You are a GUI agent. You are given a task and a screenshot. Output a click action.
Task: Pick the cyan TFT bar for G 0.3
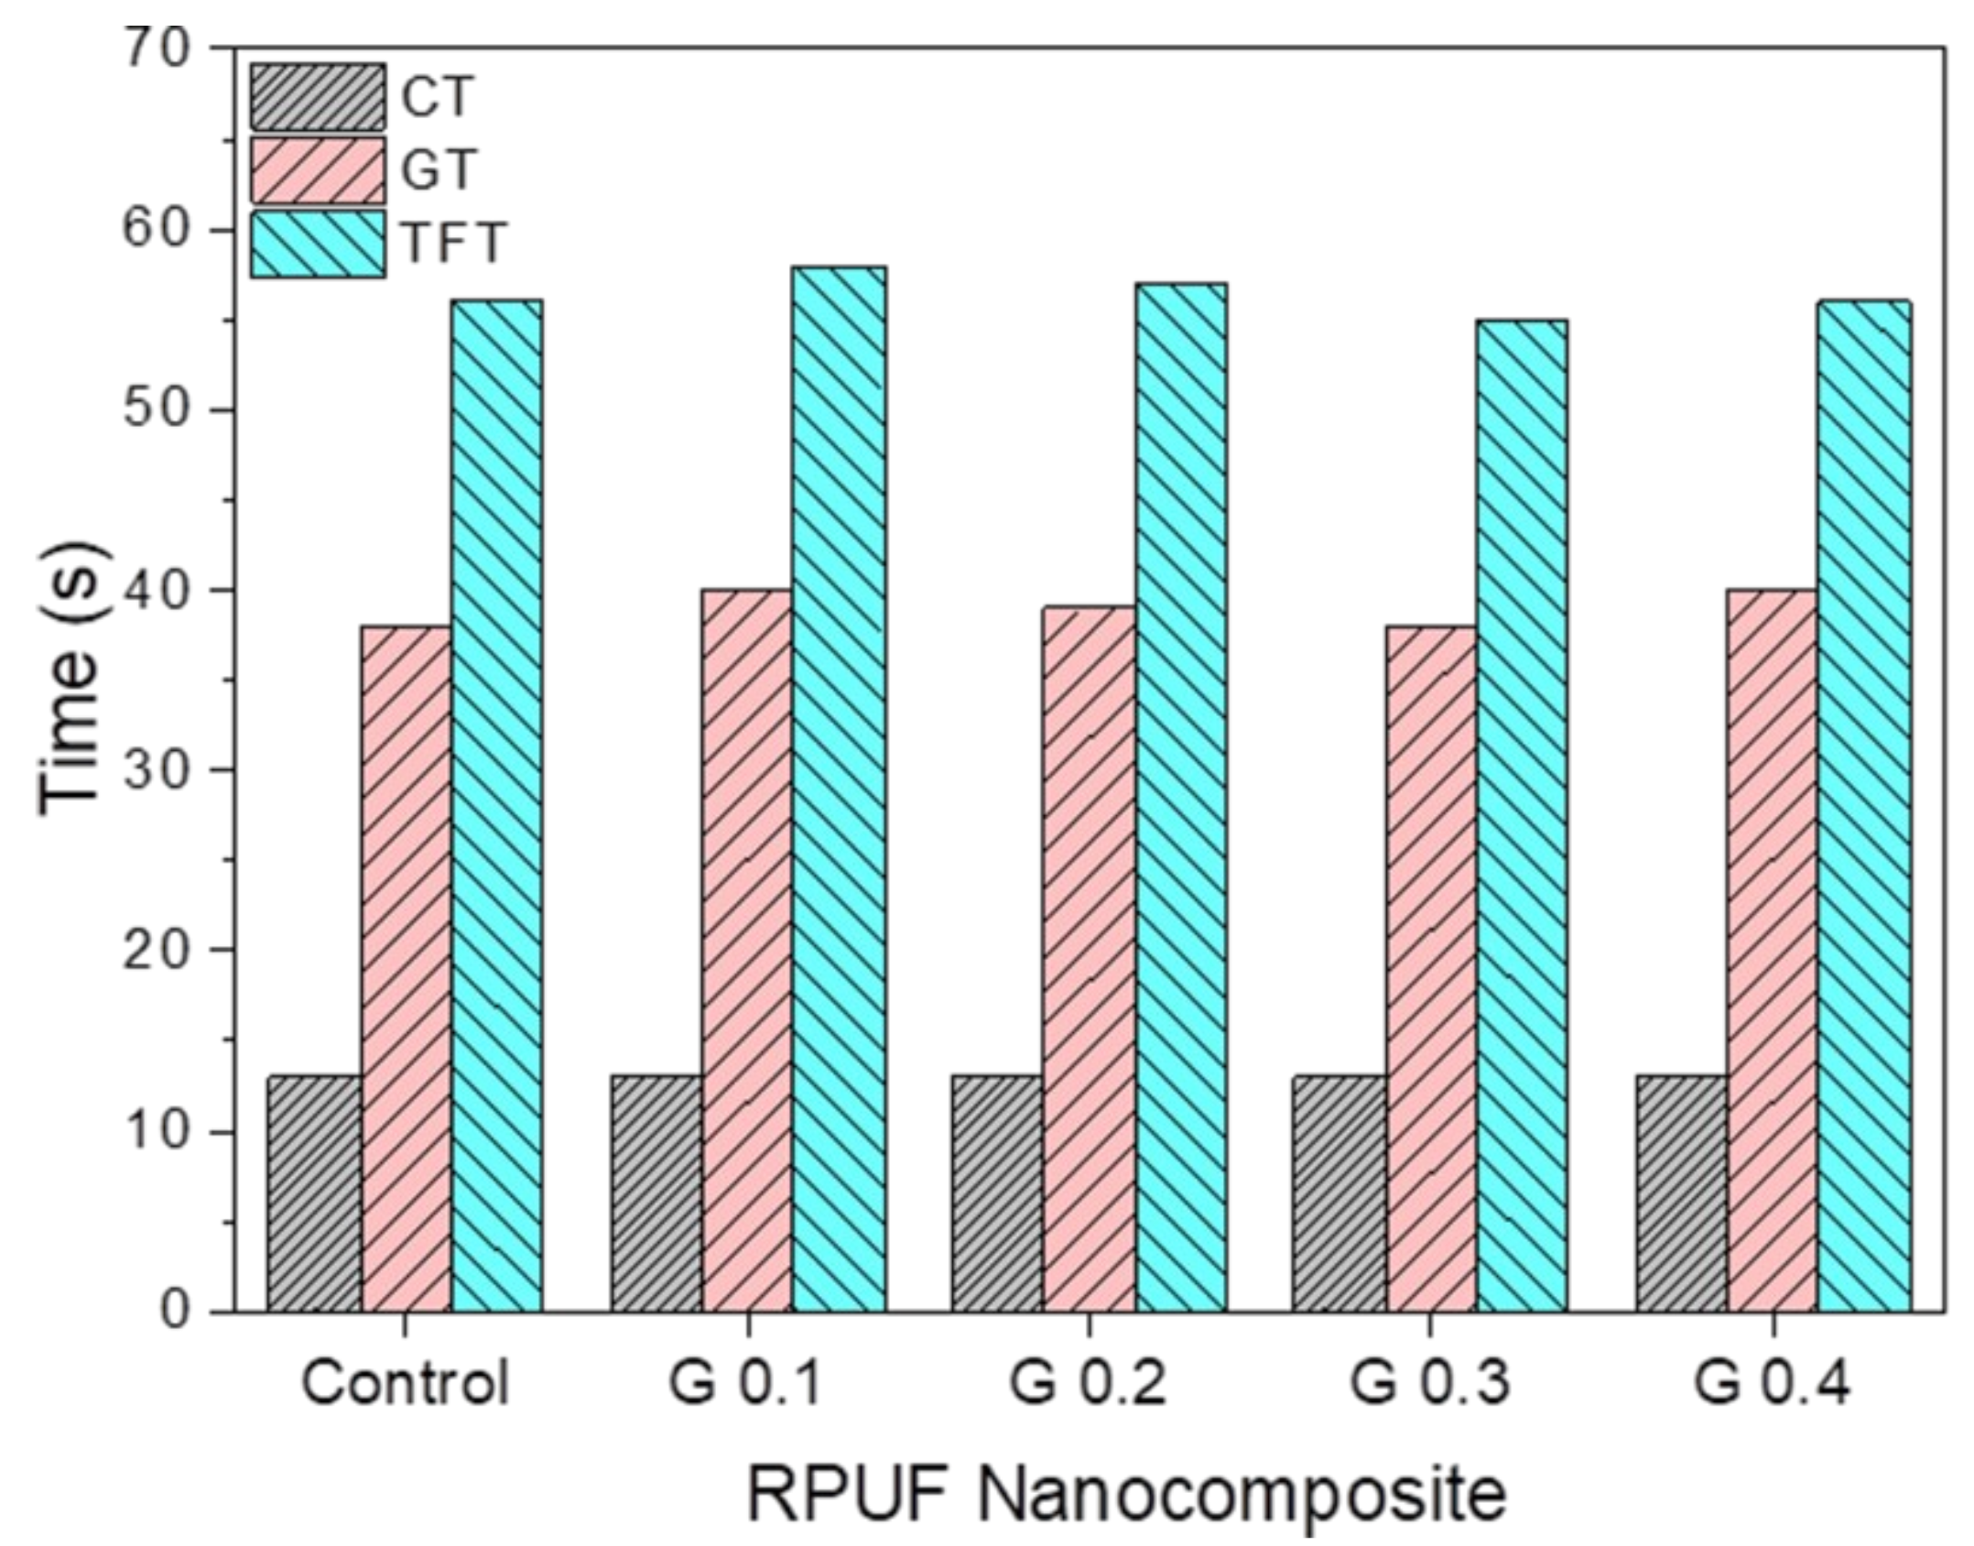click(x=1522, y=816)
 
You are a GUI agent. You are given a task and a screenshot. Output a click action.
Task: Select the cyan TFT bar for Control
click(x=496, y=806)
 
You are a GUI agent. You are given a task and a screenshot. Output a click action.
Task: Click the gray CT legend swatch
click(x=317, y=96)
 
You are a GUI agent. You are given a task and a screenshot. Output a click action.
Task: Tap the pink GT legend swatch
click(x=317, y=169)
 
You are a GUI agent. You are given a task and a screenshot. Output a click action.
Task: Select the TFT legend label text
click(x=453, y=243)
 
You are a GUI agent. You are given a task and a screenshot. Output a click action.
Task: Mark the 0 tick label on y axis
click(x=171, y=1312)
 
